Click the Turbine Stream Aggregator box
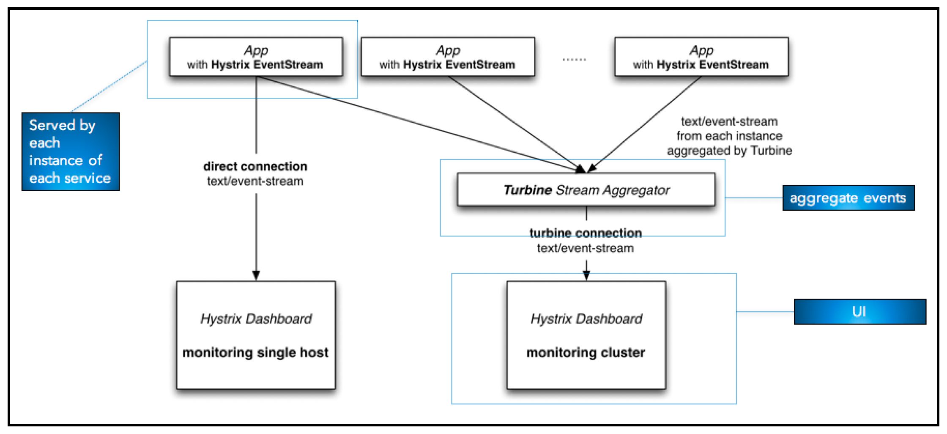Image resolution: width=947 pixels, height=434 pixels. point(586,190)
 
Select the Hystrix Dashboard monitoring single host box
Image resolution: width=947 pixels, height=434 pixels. point(256,335)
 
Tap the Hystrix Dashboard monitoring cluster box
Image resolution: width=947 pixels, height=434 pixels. point(586,335)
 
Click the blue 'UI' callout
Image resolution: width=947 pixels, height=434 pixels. point(860,312)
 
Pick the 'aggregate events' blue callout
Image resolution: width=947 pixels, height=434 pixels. point(848,198)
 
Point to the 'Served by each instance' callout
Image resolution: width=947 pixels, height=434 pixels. point(71,151)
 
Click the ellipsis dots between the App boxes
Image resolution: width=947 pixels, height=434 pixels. point(574,60)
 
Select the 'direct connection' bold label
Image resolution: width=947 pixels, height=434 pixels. point(255,166)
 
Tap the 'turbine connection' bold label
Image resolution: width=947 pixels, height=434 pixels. point(586,233)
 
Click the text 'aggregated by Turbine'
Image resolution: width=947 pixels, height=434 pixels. point(729,151)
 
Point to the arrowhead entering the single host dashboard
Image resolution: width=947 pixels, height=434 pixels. point(256,275)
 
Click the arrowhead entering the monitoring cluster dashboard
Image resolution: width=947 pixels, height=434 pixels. point(586,275)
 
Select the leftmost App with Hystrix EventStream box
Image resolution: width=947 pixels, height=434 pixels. point(256,57)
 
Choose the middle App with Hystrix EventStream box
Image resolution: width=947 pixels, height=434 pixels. point(448,57)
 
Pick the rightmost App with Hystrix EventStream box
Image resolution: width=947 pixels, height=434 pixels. point(701,57)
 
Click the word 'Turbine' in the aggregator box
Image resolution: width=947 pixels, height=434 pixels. point(528,190)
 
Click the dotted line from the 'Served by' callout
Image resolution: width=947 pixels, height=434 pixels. point(109,86)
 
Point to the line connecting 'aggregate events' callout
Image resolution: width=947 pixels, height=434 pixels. point(754,198)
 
